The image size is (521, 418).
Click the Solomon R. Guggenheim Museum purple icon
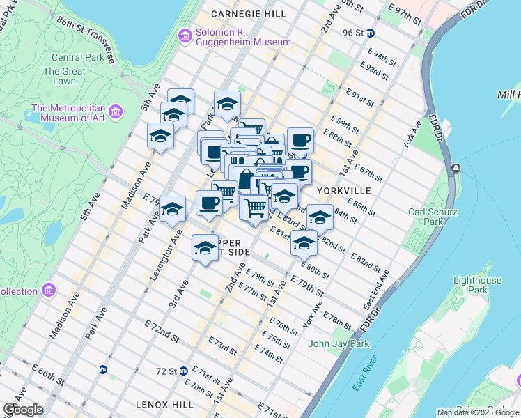185,36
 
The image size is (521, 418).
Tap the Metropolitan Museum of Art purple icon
115,111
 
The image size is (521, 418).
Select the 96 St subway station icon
371,33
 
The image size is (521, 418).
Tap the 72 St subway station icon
183,371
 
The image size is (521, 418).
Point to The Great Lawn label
63,76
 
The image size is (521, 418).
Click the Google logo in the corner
23,410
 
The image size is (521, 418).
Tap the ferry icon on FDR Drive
455,168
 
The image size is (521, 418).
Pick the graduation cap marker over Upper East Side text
205,249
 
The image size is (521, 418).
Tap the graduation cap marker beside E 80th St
304,244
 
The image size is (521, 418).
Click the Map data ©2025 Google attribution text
478,412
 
